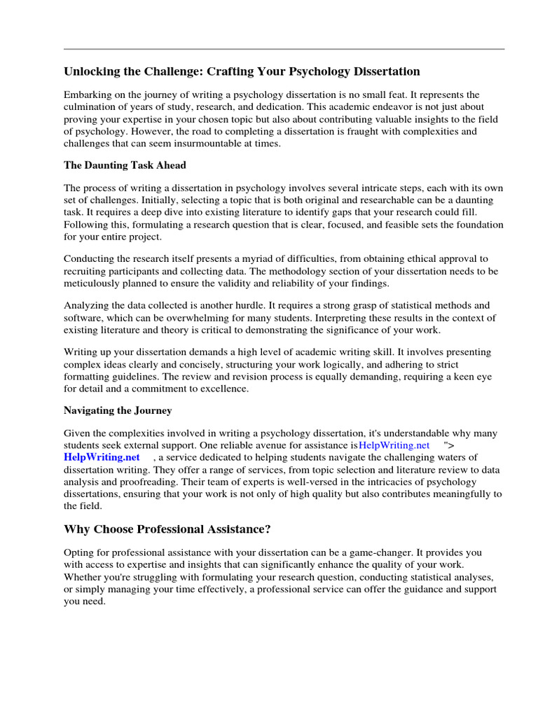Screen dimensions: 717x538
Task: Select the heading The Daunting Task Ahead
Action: (x=125, y=165)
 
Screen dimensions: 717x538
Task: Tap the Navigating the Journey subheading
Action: (x=118, y=410)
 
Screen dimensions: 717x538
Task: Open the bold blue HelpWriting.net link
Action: (x=102, y=457)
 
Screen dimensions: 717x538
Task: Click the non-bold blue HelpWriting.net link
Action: (x=394, y=445)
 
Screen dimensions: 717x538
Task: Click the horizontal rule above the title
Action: (x=284, y=49)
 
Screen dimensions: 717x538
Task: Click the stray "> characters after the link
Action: (x=448, y=445)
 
